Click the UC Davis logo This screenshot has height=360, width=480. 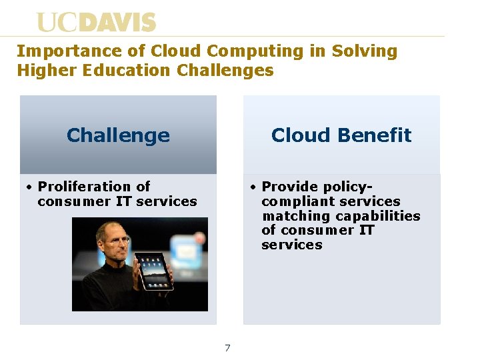96,23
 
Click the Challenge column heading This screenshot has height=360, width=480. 118,135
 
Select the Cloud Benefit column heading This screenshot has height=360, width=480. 341,135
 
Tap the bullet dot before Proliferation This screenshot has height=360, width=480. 29,187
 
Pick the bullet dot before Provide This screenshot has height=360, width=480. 253,187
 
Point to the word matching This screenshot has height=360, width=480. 296,216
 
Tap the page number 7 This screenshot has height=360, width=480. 227,348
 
